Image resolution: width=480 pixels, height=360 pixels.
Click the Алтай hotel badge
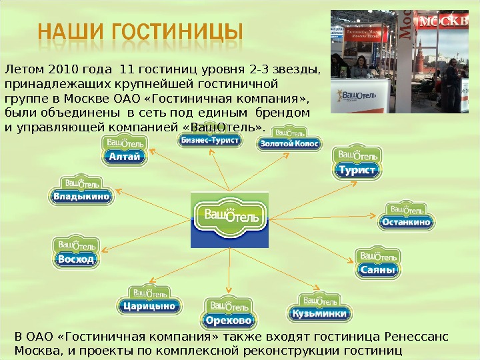coord(124,151)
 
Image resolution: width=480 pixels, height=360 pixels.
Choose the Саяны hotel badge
coord(378,264)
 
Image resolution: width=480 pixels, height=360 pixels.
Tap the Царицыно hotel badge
coord(150,301)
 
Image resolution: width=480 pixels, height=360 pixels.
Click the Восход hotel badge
coord(77,253)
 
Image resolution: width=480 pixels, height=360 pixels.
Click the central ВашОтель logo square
coord(230,219)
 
